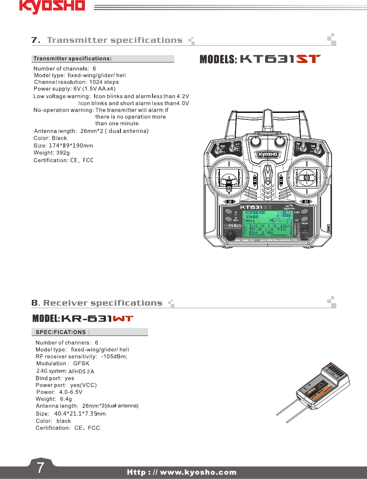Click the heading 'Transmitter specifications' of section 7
coord(115,40)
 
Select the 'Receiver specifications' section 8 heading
coord(102,303)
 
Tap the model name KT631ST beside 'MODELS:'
coord(280,59)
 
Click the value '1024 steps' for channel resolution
coord(104,82)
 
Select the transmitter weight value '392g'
coord(62,153)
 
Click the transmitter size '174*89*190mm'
coord(71,145)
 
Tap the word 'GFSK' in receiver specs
coord(81,364)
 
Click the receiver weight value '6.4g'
coord(66,399)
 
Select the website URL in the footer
coord(182,472)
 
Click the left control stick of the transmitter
coord(228,178)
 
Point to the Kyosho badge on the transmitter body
coord(268,154)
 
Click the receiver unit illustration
coord(324,385)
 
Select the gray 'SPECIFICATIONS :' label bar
coord(90,332)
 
